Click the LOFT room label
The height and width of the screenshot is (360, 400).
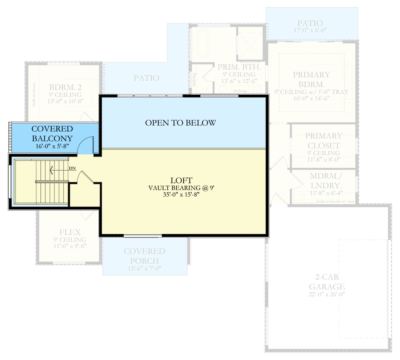coord(182,180)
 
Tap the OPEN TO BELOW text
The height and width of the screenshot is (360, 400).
coord(180,123)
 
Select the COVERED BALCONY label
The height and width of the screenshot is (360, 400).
coord(52,133)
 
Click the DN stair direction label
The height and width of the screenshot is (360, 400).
coord(72,168)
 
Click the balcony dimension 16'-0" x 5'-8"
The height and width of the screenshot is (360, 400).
coord(52,147)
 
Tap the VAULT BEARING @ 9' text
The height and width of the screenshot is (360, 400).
coord(182,188)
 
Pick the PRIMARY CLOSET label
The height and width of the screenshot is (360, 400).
coord(324,141)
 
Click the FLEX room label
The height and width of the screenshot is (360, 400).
coord(70,232)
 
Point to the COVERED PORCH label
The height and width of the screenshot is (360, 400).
coord(144,256)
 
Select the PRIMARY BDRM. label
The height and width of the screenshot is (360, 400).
coord(312,79)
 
